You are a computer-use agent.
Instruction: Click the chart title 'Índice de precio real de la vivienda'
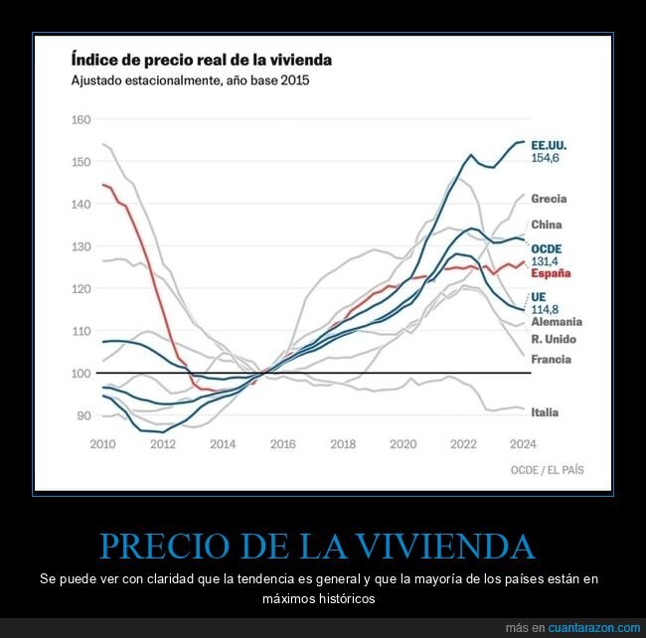pyautogui.click(x=200, y=60)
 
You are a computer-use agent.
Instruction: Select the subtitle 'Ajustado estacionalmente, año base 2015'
pyautogui.click(x=189, y=80)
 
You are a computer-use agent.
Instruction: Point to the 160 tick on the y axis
pyautogui.click(x=80, y=120)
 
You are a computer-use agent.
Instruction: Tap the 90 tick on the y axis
pyautogui.click(x=82, y=415)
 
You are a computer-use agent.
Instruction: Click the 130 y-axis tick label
pyautogui.click(x=80, y=246)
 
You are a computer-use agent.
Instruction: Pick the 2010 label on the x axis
pyautogui.click(x=102, y=443)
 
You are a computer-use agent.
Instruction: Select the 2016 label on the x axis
pyautogui.click(x=282, y=443)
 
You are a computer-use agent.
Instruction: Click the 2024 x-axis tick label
pyautogui.click(x=523, y=443)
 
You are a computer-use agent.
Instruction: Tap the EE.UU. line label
pyautogui.click(x=549, y=144)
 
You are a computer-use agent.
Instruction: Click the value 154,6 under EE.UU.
pyautogui.click(x=547, y=158)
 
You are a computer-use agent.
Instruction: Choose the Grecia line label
pyautogui.click(x=549, y=199)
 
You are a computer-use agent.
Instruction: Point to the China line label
pyautogui.click(x=547, y=225)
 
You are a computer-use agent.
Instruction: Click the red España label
pyautogui.click(x=551, y=273)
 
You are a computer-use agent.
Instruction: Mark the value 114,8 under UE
pyautogui.click(x=547, y=309)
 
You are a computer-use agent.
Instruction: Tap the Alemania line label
pyautogui.click(x=557, y=322)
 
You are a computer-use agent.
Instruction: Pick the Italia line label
pyautogui.click(x=545, y=412)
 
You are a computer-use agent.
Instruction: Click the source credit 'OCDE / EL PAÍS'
pyautogui.click(x=546, y=469)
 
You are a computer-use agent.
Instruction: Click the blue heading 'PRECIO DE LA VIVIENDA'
pyautogui.click(x=317, y=546)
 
